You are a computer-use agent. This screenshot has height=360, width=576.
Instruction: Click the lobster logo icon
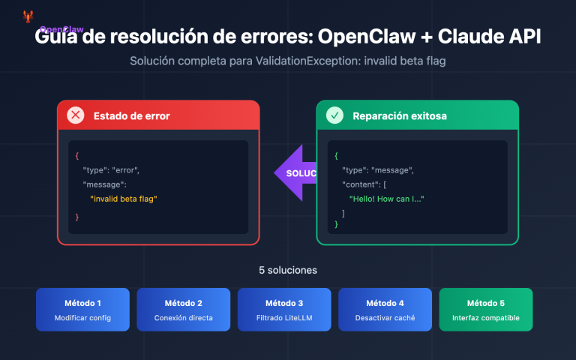coord(28,16)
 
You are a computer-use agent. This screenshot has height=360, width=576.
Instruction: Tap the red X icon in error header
coord(76,115)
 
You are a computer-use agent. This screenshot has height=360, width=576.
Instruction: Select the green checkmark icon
coord(334,115)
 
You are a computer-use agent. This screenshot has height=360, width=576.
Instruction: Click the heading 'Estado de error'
coord(131,116)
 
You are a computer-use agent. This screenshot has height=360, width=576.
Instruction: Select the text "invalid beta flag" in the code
coord(124,199)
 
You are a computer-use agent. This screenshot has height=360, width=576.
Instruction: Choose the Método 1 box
coord(83,310)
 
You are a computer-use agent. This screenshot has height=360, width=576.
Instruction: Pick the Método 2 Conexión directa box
coord(184,310)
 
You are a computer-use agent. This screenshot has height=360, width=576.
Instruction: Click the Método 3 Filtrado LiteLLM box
coord(284,310)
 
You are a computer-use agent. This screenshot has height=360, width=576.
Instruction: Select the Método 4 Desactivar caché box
coord(385,310)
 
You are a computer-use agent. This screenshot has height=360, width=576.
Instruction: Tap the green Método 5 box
coord(485,310)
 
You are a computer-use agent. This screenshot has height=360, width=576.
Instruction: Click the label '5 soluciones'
coord(288,270)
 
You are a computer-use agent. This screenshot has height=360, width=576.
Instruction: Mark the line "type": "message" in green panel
coord(377,170)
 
